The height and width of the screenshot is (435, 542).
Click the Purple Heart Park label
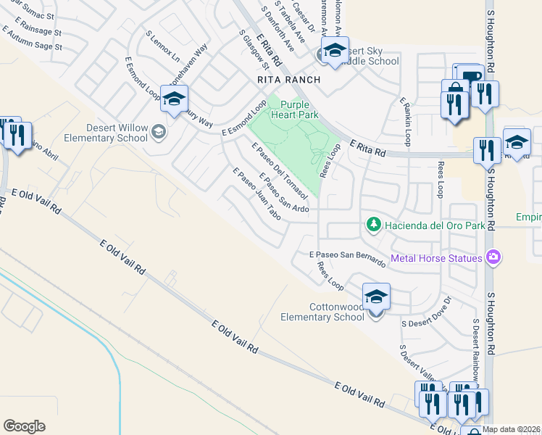coord(294,109)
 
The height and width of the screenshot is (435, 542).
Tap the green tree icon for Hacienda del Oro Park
coord(373,225)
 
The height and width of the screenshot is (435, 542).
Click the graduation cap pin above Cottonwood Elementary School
coord(376,297)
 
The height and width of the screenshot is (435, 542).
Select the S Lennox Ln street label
coord(162,45)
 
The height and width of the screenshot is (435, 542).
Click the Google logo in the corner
coord(24,426)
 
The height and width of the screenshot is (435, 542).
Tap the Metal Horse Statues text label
coord(436,258)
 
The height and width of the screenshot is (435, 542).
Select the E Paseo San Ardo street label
coord(283,194)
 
